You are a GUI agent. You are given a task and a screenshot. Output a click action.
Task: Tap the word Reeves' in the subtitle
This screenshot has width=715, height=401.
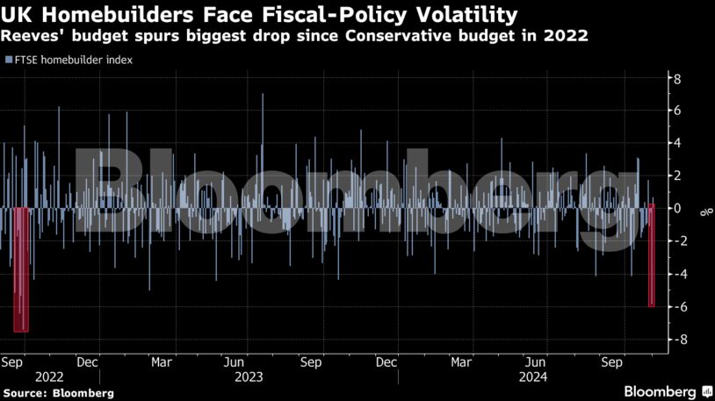[32, 36]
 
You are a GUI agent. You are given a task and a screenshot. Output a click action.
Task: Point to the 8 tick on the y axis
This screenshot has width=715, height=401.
[676, 79]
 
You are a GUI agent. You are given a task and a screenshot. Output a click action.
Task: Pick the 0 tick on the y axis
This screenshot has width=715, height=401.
[676, 209]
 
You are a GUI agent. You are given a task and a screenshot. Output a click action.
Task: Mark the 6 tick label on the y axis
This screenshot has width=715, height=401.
[676, 111]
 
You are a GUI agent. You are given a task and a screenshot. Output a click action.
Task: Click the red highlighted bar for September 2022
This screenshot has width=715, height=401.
[21, 269]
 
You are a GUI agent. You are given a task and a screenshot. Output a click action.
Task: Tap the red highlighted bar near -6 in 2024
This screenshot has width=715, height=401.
[652, 255]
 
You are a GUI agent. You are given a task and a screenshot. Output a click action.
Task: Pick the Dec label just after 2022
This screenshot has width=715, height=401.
[87, 361]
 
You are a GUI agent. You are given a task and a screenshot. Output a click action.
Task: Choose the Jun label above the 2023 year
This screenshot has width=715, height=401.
[234, 361]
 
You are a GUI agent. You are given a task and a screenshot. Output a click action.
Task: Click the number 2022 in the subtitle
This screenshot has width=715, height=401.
[564, 36]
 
